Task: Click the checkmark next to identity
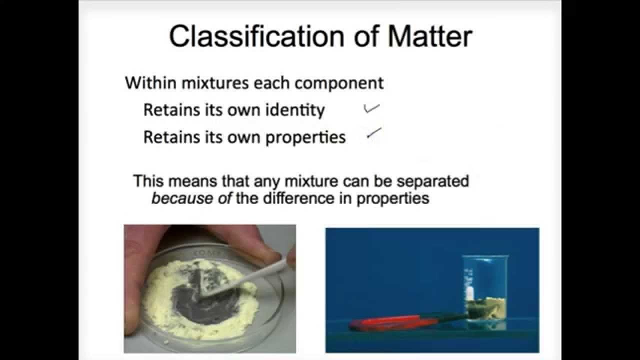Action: click(x=371, y=108)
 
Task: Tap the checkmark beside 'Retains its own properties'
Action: click(x=374, y=133)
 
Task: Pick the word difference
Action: click(x=291, y=198)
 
